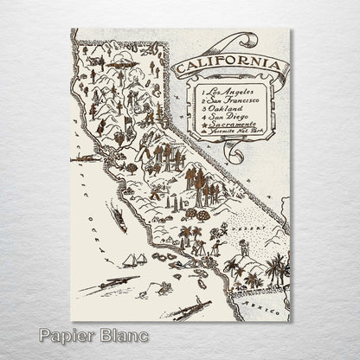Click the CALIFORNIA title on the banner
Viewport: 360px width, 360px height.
click(x=227, y=67)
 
